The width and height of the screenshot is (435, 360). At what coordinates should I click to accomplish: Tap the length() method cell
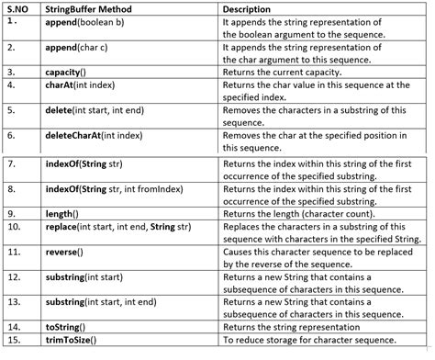66,213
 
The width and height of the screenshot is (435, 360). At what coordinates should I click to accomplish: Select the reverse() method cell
69,251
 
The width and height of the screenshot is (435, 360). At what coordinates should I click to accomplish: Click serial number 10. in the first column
15,225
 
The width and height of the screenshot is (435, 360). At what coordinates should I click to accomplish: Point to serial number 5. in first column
11,109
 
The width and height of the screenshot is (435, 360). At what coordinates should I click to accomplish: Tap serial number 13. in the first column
15,300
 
